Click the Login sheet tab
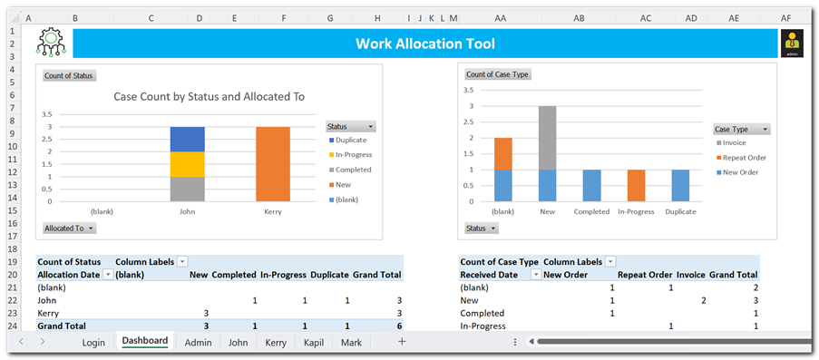[93, 343]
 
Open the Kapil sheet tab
[314, 343]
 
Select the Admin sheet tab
[198, 343]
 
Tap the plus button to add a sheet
[402, 342]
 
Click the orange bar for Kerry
[273, 164]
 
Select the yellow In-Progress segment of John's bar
[188, 164]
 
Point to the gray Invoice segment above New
[548, 138]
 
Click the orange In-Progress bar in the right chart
[636, 186]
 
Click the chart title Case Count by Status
[209, 97]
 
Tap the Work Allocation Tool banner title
[425, 44]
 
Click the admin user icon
[792, 44]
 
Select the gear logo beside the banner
[51, 43]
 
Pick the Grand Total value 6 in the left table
[397, 326]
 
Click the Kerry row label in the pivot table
[48, 314]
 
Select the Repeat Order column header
[645, 275]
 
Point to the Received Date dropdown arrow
[536, 275]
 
